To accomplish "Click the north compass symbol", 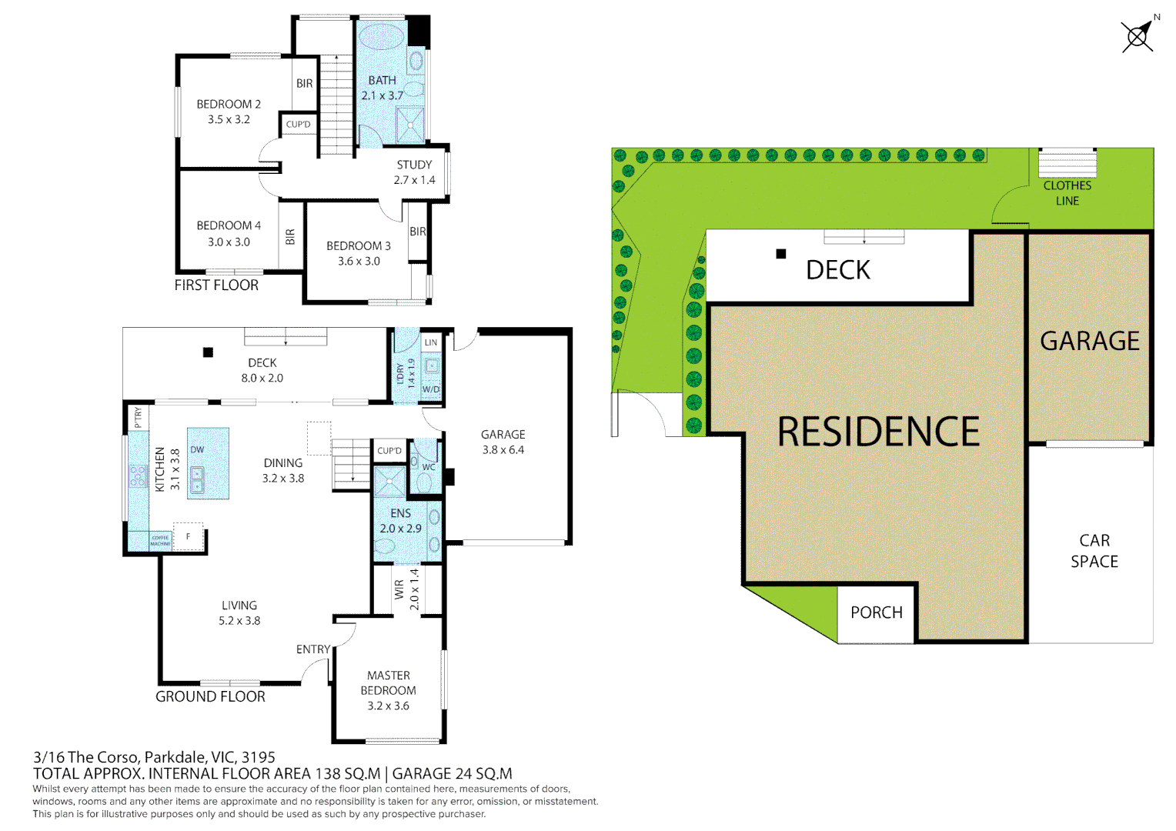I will click(1138, 35).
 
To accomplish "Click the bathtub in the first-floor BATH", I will click(381, 36).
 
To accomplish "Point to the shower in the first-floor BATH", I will click(409, 125).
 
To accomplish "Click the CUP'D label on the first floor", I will click(299, 125).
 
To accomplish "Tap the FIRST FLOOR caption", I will click(216, 285).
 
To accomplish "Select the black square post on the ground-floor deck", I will click(208, 352).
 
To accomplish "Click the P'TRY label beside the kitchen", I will click(139, 418).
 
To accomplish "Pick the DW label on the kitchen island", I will click(197, 450).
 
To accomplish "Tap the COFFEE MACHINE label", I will click(160, 541).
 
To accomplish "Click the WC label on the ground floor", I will click(429, 467).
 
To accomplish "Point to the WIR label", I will click(399, 589).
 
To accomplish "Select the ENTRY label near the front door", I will click(313, 649).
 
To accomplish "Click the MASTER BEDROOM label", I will click(389, 683).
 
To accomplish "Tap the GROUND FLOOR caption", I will click(210, 696).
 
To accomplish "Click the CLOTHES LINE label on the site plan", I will click(1067, 193).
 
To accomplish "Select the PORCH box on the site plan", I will click(876, 613).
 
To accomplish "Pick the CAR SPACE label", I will click(1094, 551).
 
